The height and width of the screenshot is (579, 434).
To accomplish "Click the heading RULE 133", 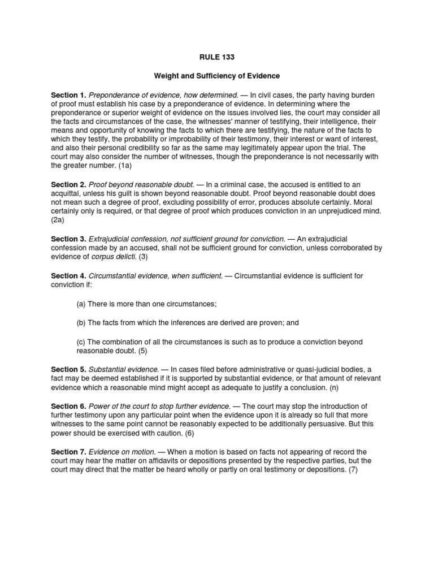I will tap(218, 57).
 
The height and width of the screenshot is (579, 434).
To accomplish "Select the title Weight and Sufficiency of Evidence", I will tap(218, 76).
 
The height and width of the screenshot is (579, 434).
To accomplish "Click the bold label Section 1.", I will tap(68, 95).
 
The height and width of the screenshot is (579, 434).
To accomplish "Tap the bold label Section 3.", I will tap(68, 240).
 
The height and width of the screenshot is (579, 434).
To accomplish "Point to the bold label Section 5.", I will tap(68, 369).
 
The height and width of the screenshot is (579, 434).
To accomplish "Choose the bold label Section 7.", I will tap(68, 452).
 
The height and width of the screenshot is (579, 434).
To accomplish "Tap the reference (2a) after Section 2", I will tap(59, 221).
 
